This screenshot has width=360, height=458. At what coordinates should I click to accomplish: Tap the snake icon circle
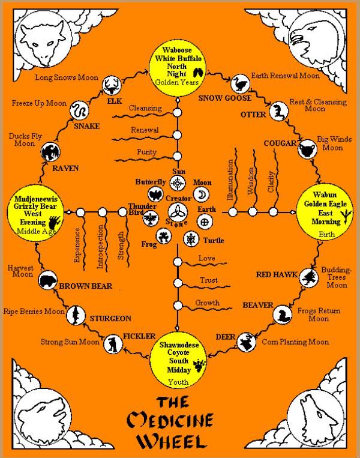pos(79,110)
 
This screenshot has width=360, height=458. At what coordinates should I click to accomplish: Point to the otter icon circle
pos(277,110)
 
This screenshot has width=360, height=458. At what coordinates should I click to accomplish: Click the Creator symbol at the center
pos(178,211)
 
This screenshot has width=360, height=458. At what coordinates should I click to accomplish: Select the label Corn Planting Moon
pos(295,342)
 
